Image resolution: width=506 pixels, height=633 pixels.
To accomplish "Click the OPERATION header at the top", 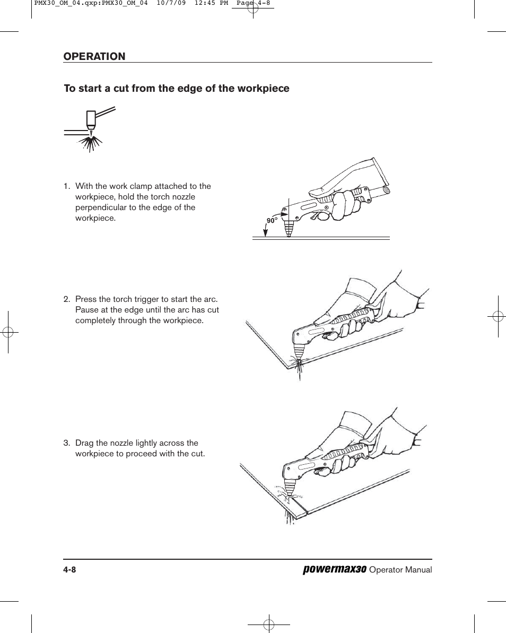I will [94, 57].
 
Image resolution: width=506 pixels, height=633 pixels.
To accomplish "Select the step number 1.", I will [66, 186].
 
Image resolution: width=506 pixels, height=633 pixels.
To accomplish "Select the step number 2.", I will [66, 299].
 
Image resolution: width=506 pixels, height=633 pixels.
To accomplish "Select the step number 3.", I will [66, 443].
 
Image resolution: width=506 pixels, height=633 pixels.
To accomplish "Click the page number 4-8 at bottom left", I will [70, 570].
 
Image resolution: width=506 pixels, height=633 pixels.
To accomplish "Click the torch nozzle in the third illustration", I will [289, 489].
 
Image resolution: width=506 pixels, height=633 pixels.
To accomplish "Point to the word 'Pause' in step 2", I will [86, 310].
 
